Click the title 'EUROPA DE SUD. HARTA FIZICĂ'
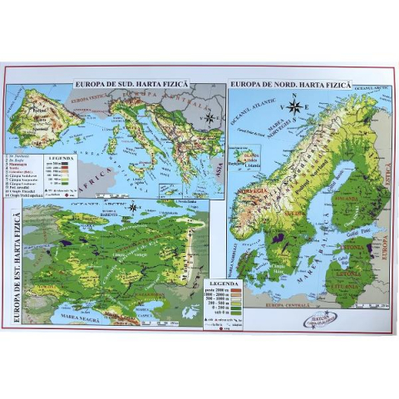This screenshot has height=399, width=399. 133,85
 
